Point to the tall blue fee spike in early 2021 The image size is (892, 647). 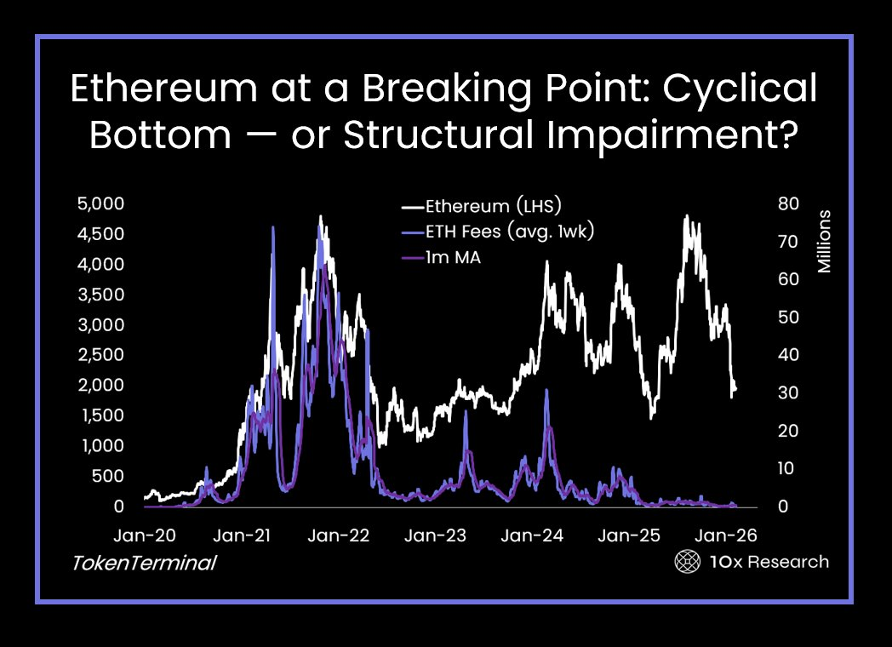[x=272, y=228]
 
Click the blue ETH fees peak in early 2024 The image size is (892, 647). [x=546, y=390]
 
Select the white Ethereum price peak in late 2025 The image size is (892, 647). [x=686, y=216]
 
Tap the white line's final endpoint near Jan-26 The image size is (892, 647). [x=735, y=389]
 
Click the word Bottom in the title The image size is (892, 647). [x=152, y=136]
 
